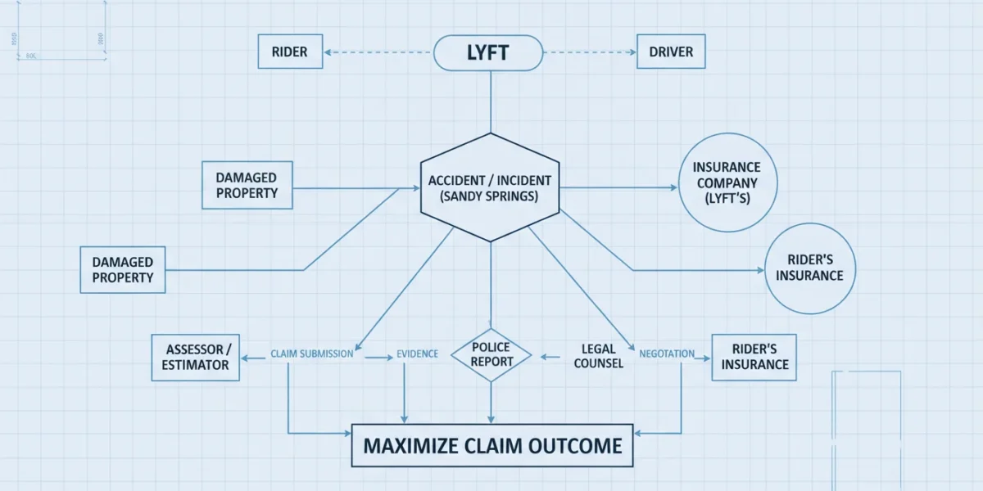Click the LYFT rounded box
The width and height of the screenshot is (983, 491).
[x=488, y=52]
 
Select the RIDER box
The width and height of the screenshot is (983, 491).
[x=290, y=52]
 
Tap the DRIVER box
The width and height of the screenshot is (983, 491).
[x=671, y=52]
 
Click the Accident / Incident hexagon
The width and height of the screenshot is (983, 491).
[x=490, y=187]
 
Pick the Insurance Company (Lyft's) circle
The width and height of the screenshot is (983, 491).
[x=727, y=182]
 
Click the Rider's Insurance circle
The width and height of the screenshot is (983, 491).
[x=810, y=268]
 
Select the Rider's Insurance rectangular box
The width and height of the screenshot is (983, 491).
[x=754, y=358]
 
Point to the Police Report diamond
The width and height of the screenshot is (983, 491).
[x=491, y=354]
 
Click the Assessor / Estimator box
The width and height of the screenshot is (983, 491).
[x=195, y=358]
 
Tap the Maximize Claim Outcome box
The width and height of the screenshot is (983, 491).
[x=492, y=445]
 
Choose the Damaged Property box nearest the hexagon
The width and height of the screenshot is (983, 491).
[x=247, y=185]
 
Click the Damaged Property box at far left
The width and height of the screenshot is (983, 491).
[x=123, y=269]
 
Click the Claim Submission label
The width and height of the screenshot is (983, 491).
[x=311, y=354]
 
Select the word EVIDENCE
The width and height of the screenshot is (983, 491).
[x=417, y=354]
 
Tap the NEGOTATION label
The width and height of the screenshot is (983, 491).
[x=667, y=354]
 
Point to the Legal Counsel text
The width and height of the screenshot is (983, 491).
[x=599, y=356]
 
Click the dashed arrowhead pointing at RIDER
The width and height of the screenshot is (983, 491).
[x=328, y=52]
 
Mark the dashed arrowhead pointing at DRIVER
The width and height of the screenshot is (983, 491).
[x=632, y=52]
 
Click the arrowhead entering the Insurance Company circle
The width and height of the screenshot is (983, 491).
[x=674, y=187]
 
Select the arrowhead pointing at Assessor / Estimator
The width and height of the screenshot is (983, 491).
[x=244, y=358]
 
